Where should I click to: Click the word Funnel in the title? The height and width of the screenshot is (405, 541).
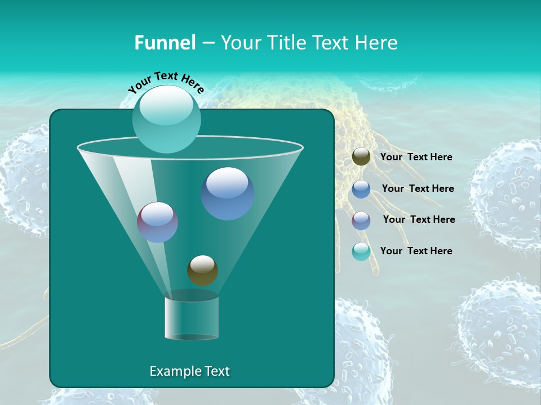point(165,43)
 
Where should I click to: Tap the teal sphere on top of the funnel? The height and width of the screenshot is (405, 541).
point(167,119)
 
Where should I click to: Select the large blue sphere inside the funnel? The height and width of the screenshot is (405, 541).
point(228,193)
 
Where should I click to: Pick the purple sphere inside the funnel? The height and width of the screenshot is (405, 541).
point(158,222)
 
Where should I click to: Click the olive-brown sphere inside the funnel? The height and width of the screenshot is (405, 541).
point(202,271)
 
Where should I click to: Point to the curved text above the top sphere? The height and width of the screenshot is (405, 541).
point(166,82)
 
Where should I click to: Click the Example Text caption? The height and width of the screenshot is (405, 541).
point(190,371)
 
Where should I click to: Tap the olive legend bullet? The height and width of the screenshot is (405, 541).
point(361,157)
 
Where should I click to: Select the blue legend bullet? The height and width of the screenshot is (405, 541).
point(361,189)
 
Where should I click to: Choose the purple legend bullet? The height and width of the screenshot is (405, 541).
point(361,220)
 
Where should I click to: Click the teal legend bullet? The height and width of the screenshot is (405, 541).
point(361,251)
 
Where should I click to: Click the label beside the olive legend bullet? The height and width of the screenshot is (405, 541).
point(416,157)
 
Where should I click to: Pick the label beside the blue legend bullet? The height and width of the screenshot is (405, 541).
point(418,189)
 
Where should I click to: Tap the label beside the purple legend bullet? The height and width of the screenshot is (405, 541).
point(419,220)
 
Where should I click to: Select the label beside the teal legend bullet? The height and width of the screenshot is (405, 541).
point(416,251)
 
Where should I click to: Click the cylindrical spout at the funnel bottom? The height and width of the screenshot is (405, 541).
point(192,318)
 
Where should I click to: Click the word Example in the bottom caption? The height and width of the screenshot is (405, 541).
point(172,371)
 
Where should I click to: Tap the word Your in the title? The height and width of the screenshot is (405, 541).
point(238,43)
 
